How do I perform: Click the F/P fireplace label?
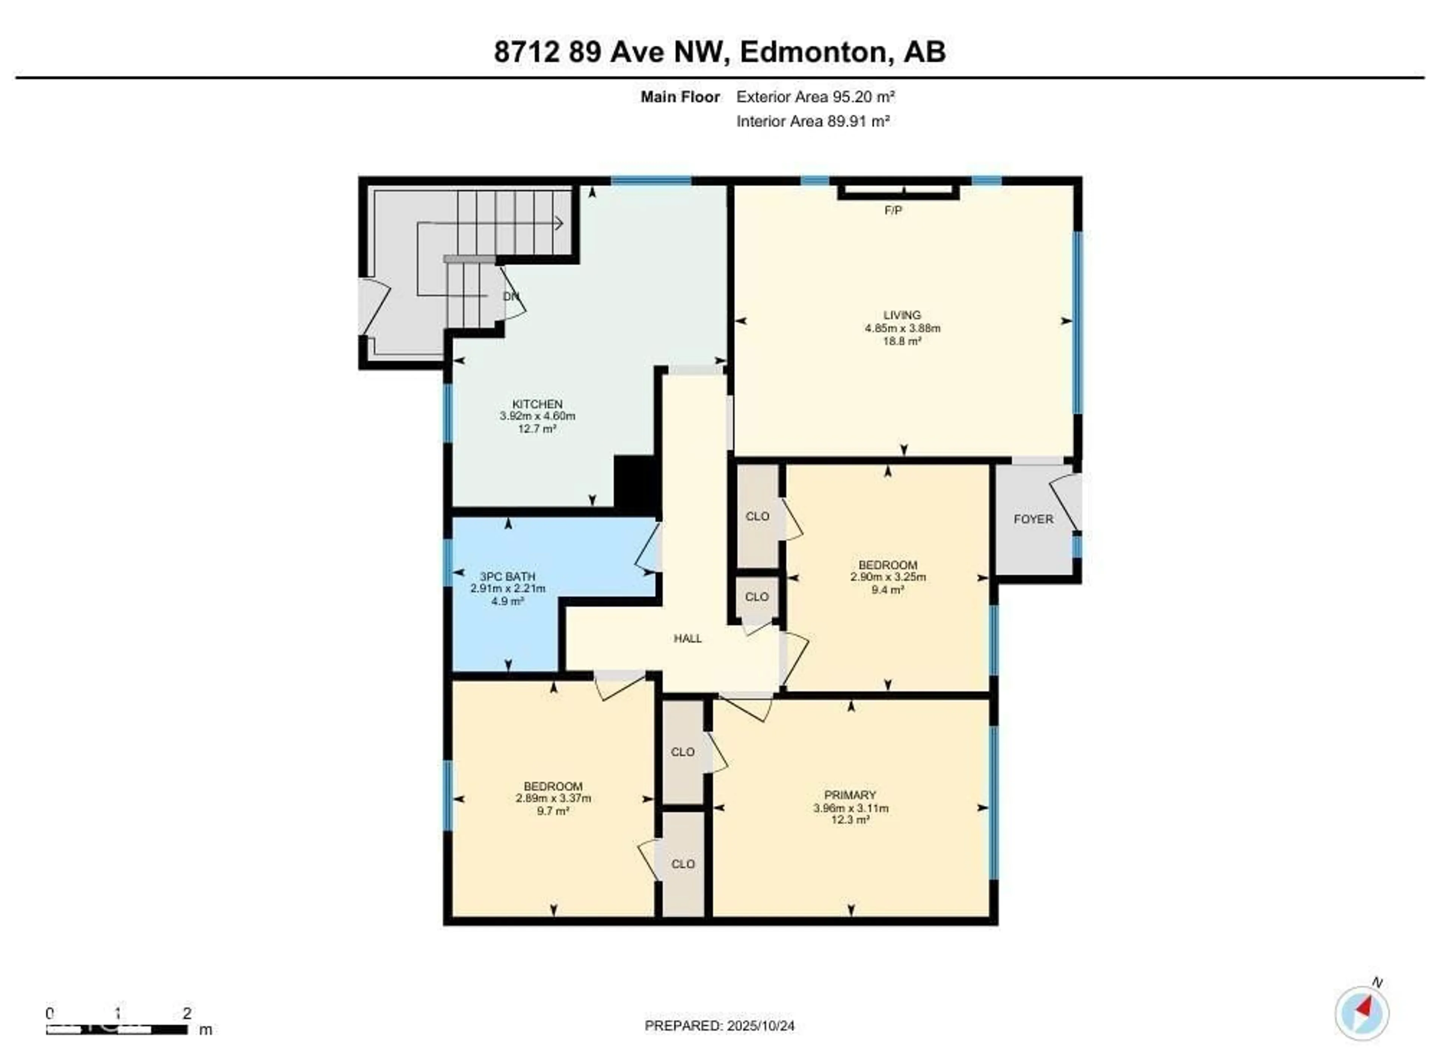(x=893, y=210)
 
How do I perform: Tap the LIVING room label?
(x=902, y=315)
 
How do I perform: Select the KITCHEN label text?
(x=537, y=404)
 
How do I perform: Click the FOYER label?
(x=1033, y=519)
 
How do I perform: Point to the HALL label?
(x=687, y=638)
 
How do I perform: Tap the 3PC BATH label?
(x=507, y=576)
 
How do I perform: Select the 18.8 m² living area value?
(x=902, y=341)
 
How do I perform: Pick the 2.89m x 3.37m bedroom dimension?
(x=553, y=798)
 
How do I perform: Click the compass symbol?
(x=1362, y=1013)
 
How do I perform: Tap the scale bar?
(x=117, y=1030)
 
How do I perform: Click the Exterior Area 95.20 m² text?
(x=815, y=97)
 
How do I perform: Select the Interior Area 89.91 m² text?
(x=813, y=122)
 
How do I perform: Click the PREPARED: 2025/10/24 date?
(x=719, y=1026)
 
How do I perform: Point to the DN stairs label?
(x=511, y=297)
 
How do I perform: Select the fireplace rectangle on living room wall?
(x=898, y=191)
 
